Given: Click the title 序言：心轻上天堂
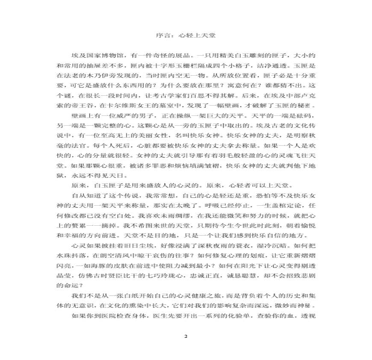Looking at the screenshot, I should [186, 36].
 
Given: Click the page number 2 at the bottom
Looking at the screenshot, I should [186, 336].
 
